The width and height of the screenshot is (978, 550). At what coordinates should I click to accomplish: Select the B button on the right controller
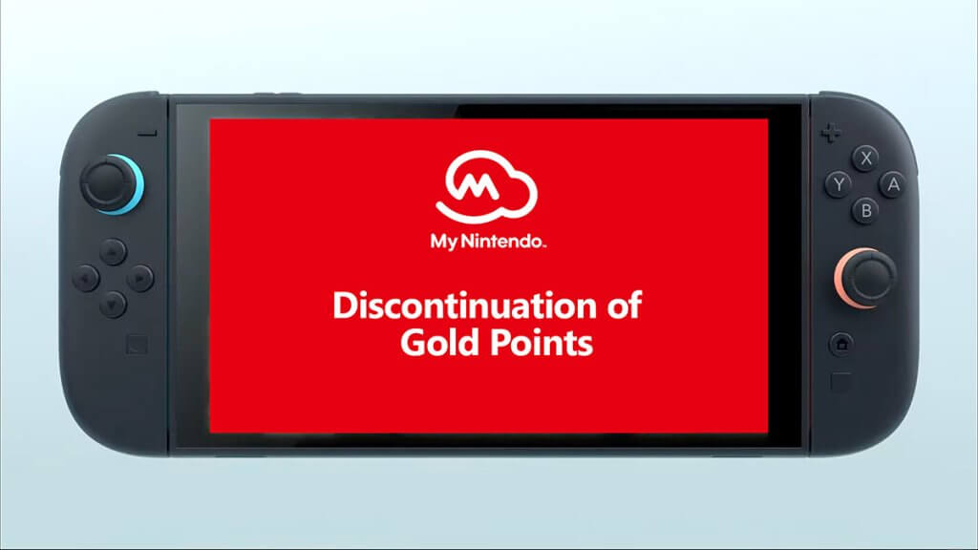click(865, 211)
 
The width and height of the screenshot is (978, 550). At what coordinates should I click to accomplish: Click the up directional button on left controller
click(114, 252)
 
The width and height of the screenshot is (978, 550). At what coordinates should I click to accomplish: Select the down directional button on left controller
click(114, 306)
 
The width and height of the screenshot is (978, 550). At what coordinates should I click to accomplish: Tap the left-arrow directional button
click(87, 279)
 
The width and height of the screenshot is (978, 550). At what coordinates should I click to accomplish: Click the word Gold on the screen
click(436, 343)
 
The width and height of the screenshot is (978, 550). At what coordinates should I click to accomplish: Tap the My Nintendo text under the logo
click(487, 243)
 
